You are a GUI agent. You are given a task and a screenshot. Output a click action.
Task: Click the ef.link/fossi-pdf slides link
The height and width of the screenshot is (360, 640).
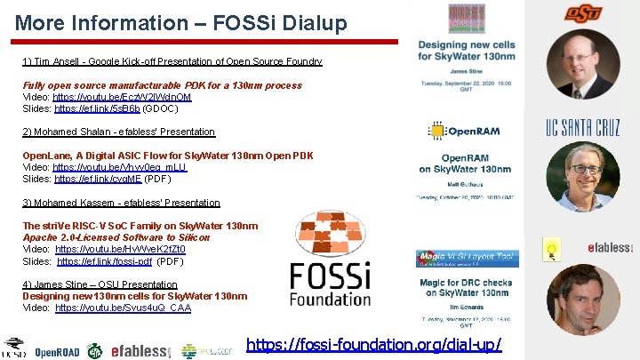click(x=105, y=261)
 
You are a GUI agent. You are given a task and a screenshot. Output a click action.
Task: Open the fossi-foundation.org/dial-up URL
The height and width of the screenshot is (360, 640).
click(x=373, y=344)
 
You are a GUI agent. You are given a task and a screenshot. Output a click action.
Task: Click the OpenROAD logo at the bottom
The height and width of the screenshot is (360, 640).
click(x=57, y=351)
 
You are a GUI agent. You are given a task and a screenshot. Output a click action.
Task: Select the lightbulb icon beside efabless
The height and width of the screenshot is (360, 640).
click(x=551, y=248)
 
